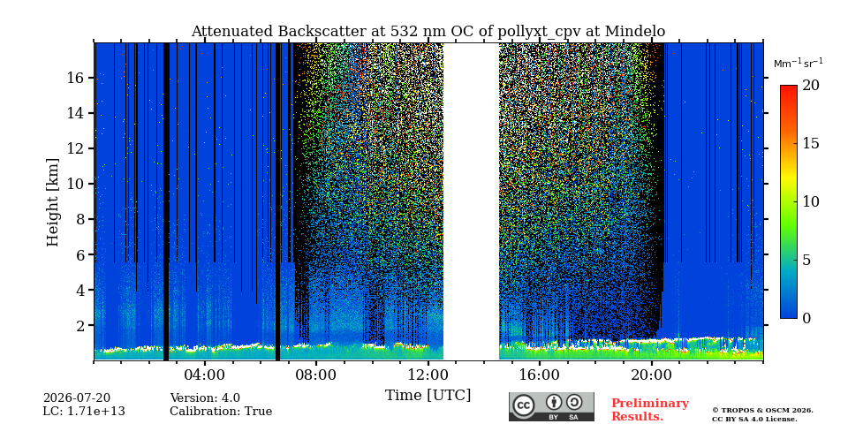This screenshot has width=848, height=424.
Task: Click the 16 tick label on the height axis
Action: click(x=77, y=78)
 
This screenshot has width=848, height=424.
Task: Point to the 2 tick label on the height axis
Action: click(x=80, y=326)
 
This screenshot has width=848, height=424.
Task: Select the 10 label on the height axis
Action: click(x=77, y=184)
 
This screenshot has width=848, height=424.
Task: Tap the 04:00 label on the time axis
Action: click(x=205, y=375)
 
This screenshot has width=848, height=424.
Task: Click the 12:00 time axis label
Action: click(x=428, y=375)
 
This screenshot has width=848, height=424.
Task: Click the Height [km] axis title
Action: click(x=52, y=202)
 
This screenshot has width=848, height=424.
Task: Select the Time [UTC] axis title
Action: click(x=428, y=396)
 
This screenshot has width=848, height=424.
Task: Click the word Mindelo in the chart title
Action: click(x=635, y=32)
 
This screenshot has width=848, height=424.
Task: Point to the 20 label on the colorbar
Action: click(x=811, y=86)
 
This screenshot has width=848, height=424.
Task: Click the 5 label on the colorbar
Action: click(x=806, y=260)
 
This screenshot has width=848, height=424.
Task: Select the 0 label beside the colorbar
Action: click(x=806, y=319)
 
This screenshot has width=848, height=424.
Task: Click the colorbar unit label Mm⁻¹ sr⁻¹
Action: click(x=799, y=64)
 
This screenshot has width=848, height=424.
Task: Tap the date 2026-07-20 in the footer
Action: click(x=76, y=398)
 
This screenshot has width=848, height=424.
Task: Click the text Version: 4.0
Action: click(x=205, y=398)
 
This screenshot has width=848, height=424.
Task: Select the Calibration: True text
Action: click(x=221, y=412)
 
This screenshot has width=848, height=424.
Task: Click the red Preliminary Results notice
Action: click(x=650, y=410)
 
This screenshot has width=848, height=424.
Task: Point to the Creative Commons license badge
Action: click(x=551, y=406)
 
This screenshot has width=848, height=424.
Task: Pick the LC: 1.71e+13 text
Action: click(x=84, y=412)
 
